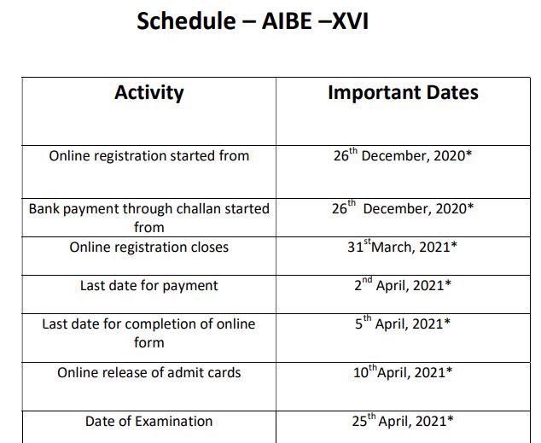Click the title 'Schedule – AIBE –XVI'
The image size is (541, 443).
tap(253, 20)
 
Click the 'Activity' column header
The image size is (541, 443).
tap(148, 93)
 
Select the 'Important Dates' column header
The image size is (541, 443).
tap(403, 93)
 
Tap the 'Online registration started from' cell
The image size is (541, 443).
tap(148, 156)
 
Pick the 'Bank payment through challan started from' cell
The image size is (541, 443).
tap(148, 218)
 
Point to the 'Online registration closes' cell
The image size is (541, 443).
tap(148, 248)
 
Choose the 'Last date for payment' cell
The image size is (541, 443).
tap(148, 286)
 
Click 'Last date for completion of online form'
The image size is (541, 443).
tap(148, 333)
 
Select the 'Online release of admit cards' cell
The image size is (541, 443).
tap(148, 372)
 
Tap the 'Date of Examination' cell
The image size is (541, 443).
tap(148, 421)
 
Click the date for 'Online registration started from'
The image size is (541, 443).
tap(403, 157)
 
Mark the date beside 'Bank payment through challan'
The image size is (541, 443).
tap(403, 208)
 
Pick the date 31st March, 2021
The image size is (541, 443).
tap(403, 248)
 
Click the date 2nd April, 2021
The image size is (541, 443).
tap(403, 286)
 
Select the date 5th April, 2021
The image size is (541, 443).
tap(403, 324)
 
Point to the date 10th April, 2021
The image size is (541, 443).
tap(403, 372)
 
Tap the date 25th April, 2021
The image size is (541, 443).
tap(403, 421)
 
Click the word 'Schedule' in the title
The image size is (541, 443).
tap(184, 20)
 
